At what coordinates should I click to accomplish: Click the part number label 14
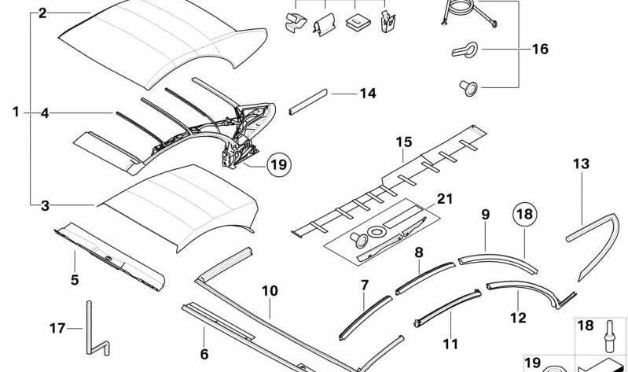(368, 94)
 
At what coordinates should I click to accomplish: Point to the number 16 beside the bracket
(540, 49)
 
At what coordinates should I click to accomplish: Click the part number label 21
(446, 199)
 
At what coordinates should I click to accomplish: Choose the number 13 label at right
(581, 164)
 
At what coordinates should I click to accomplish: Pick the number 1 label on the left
(16, 112)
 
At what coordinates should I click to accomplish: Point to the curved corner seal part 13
(586, 236)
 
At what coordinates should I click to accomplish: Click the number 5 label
(75, 279)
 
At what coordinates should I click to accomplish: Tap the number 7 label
(364, 284)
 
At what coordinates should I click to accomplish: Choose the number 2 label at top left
(42, 13)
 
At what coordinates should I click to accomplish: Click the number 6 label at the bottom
(204, 355)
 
